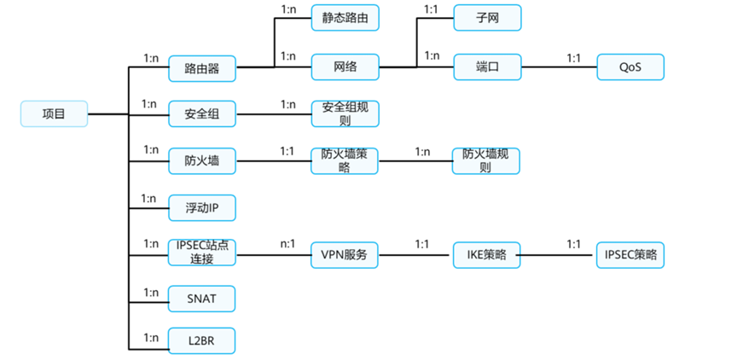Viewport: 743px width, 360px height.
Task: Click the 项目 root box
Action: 54,113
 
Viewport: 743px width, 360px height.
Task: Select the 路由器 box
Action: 201,67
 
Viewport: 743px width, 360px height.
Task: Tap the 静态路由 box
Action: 345,17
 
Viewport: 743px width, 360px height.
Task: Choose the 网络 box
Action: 345,67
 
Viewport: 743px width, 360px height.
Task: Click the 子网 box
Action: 486,17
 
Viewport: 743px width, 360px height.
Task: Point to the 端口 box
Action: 486,67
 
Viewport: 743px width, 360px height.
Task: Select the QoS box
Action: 630,67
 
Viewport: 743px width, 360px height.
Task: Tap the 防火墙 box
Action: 201,160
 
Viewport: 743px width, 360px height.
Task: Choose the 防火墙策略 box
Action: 345,160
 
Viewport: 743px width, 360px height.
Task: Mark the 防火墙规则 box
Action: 486,160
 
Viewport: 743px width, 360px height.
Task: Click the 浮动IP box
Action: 201,207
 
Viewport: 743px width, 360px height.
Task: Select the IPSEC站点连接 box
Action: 201,253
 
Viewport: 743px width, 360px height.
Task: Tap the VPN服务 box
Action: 345,254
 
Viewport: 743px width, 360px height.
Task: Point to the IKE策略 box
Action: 486,254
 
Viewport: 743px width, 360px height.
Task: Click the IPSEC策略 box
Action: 630,254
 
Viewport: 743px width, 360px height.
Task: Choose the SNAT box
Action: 201,299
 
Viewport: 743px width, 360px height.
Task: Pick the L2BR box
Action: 201,341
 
